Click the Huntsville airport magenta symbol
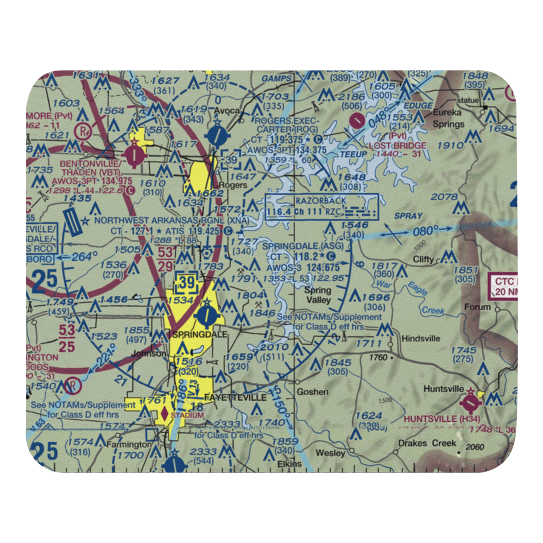pos(470,404)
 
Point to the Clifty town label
pos(424,259)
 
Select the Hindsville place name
pos(421,338)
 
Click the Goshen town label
pos(312,392)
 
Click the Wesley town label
pos(330,452)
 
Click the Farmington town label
pos(129,444)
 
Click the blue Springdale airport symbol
pos(207,314)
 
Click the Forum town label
pos(477,307)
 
